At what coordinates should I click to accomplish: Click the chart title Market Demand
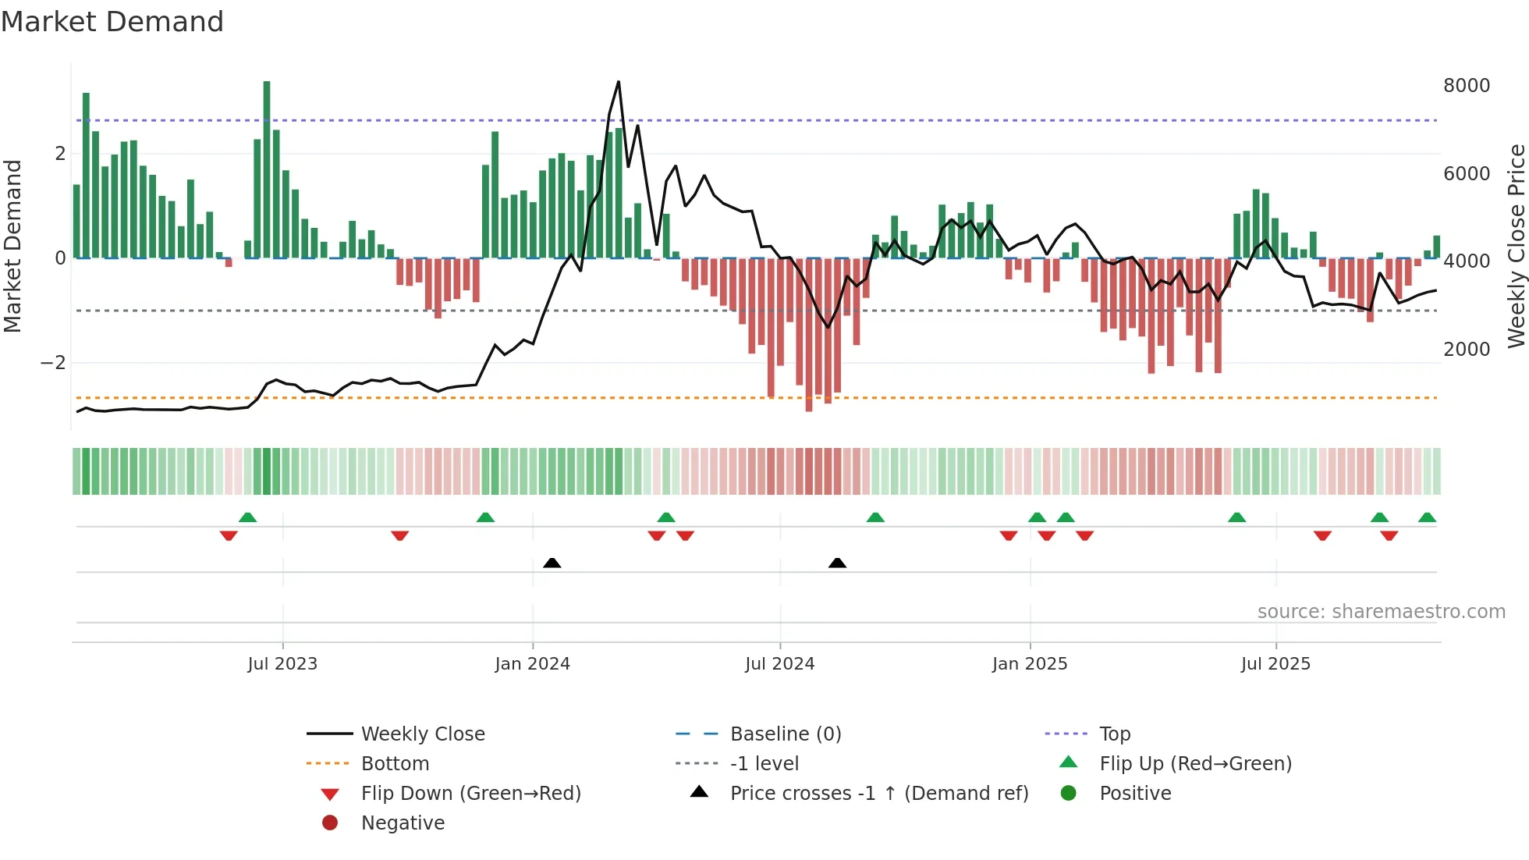112,22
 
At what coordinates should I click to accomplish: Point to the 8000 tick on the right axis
1466,86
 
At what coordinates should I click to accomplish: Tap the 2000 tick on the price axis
1466,350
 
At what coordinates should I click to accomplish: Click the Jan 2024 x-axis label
532,664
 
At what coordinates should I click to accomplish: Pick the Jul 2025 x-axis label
1275,664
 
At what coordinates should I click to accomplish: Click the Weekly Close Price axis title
1516,246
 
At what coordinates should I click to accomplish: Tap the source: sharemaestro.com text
1381,612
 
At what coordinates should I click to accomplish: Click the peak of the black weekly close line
619,82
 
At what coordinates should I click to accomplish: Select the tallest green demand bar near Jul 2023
267,169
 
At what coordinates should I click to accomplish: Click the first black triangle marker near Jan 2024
552,563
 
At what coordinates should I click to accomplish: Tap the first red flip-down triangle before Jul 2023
229,535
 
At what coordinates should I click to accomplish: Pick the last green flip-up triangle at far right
1427,517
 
